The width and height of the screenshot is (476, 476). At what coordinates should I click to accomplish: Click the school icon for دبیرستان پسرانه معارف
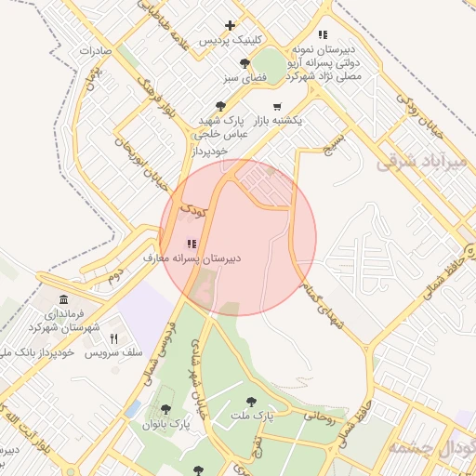pyautogui.click(x=192, y=244)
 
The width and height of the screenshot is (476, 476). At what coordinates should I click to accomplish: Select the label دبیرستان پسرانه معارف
pyautogui.click(x=192, y=258)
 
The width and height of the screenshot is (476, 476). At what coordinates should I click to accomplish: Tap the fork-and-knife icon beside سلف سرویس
pyautogui.click(x=114, y=339)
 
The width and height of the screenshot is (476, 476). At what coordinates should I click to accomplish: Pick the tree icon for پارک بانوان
pyautogui.click(x=165, y=409)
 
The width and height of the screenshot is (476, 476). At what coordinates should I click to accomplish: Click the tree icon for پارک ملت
pyautogui.click(x=249, y=402)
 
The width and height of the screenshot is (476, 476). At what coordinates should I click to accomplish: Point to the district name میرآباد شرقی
pyautogui.click(x=419, y=161)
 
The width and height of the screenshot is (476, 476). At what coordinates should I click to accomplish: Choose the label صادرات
pyautogui.click(x=95, y=50)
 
